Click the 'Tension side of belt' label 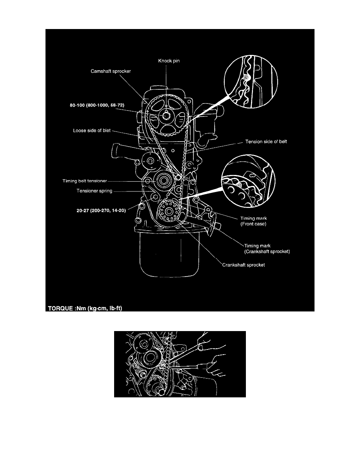pyautogui.click(x=266, y=142)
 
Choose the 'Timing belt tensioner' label pyautogui.click(x=85, y=181)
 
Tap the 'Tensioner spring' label pyautogui.click(x=89, y=191)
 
